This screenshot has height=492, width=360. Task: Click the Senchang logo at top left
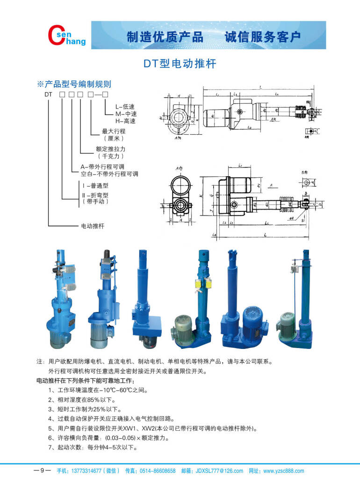click(x=67, y=36)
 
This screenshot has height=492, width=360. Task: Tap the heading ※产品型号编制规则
click(x=74, y=84)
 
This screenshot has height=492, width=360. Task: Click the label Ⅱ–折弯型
click(x=95, y=195)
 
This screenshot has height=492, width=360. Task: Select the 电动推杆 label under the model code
click(x=93, y=226)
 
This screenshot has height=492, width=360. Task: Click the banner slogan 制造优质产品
click(x=165, y=37)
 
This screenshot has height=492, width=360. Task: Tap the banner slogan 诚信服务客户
click(x=263, y=37)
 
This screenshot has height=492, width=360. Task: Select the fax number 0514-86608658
click(x=158, y=471)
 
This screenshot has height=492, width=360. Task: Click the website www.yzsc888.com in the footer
click(x=283, y=471)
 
